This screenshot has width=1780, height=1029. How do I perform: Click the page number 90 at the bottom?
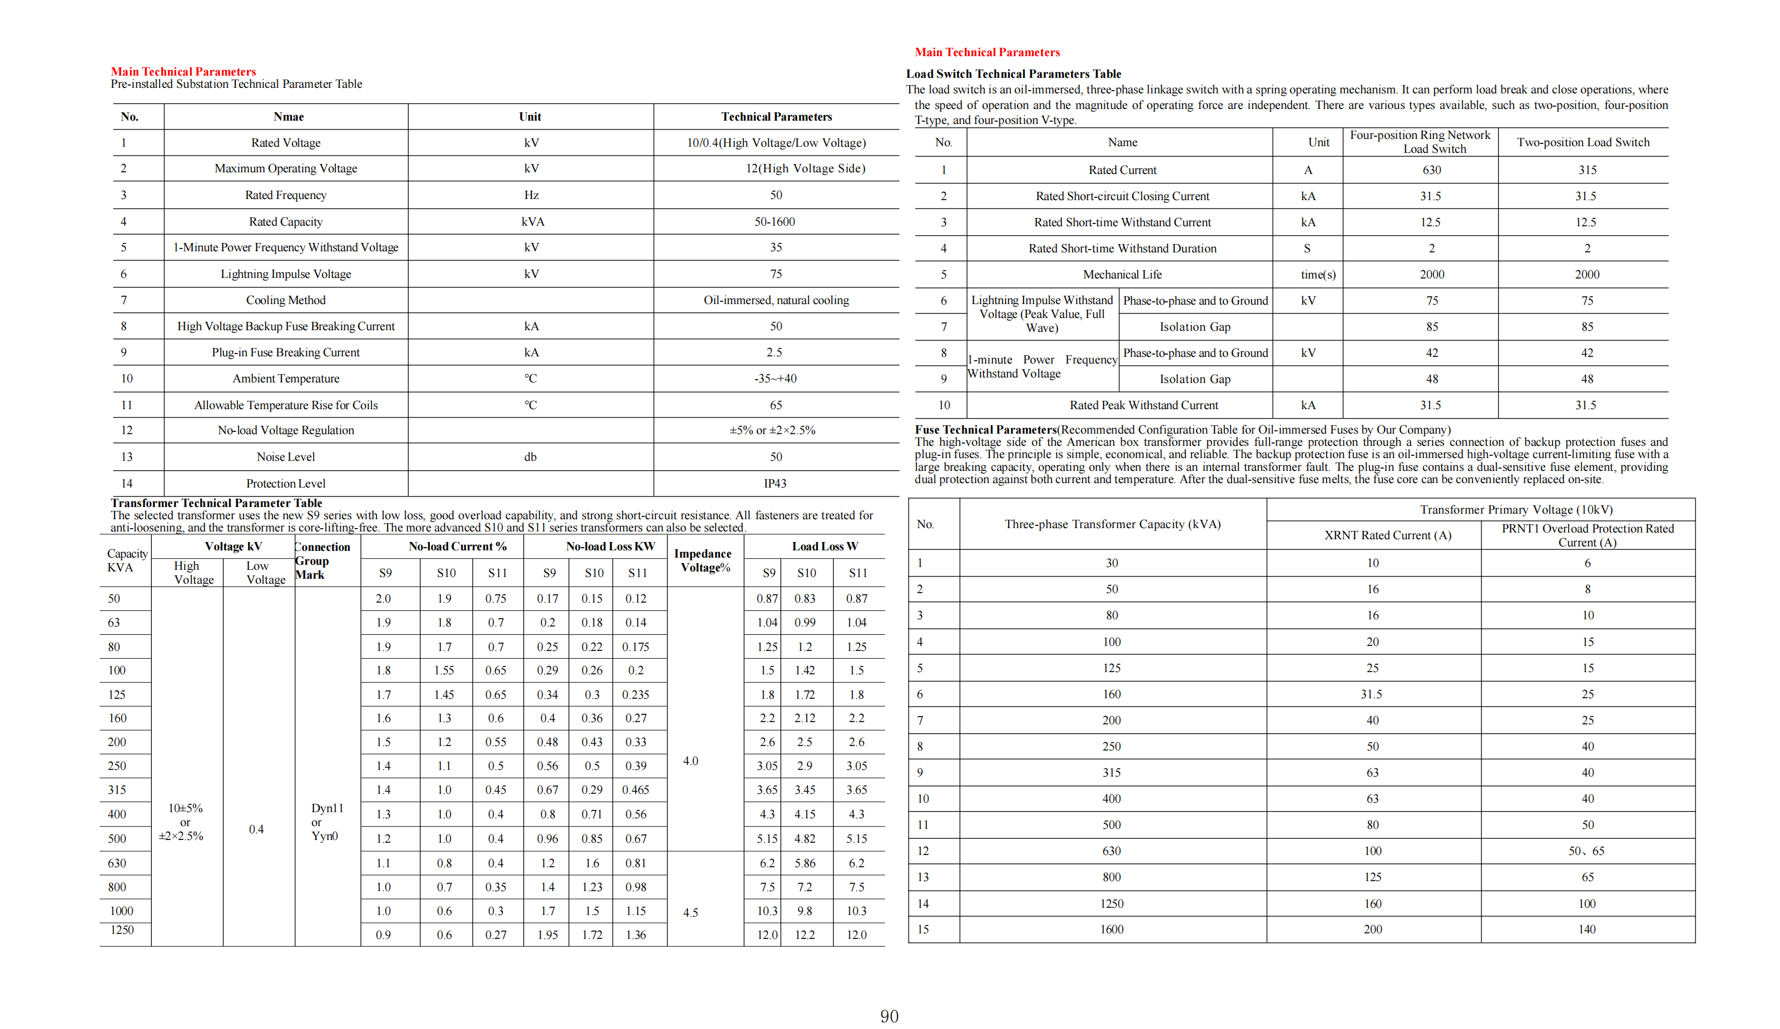tap(889, 1016)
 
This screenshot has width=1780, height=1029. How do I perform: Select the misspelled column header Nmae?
tap(288, 117)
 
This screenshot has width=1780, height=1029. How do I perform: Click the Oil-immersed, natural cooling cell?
tap(776, 300)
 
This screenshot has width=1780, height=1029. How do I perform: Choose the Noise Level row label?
tap(285, 457)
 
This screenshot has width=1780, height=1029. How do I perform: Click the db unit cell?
tap(530, 457)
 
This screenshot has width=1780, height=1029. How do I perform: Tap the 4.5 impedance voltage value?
tap(690, 912)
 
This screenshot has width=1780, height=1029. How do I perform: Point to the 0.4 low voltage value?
tap(256, 829)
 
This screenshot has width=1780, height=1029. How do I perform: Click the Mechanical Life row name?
tap(1122, 274)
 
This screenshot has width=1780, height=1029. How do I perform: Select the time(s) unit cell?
tap(1318, 274)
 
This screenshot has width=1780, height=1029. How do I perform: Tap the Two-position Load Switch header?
tap(1583, 142)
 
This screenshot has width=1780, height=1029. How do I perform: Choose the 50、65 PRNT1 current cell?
tap(1586, 851)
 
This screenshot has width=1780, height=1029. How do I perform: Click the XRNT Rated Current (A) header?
tap(1387, 535)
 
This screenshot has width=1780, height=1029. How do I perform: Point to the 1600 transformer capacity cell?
tap(1111, 929)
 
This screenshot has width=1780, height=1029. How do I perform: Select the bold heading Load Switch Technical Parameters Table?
tap(1013, 73)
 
